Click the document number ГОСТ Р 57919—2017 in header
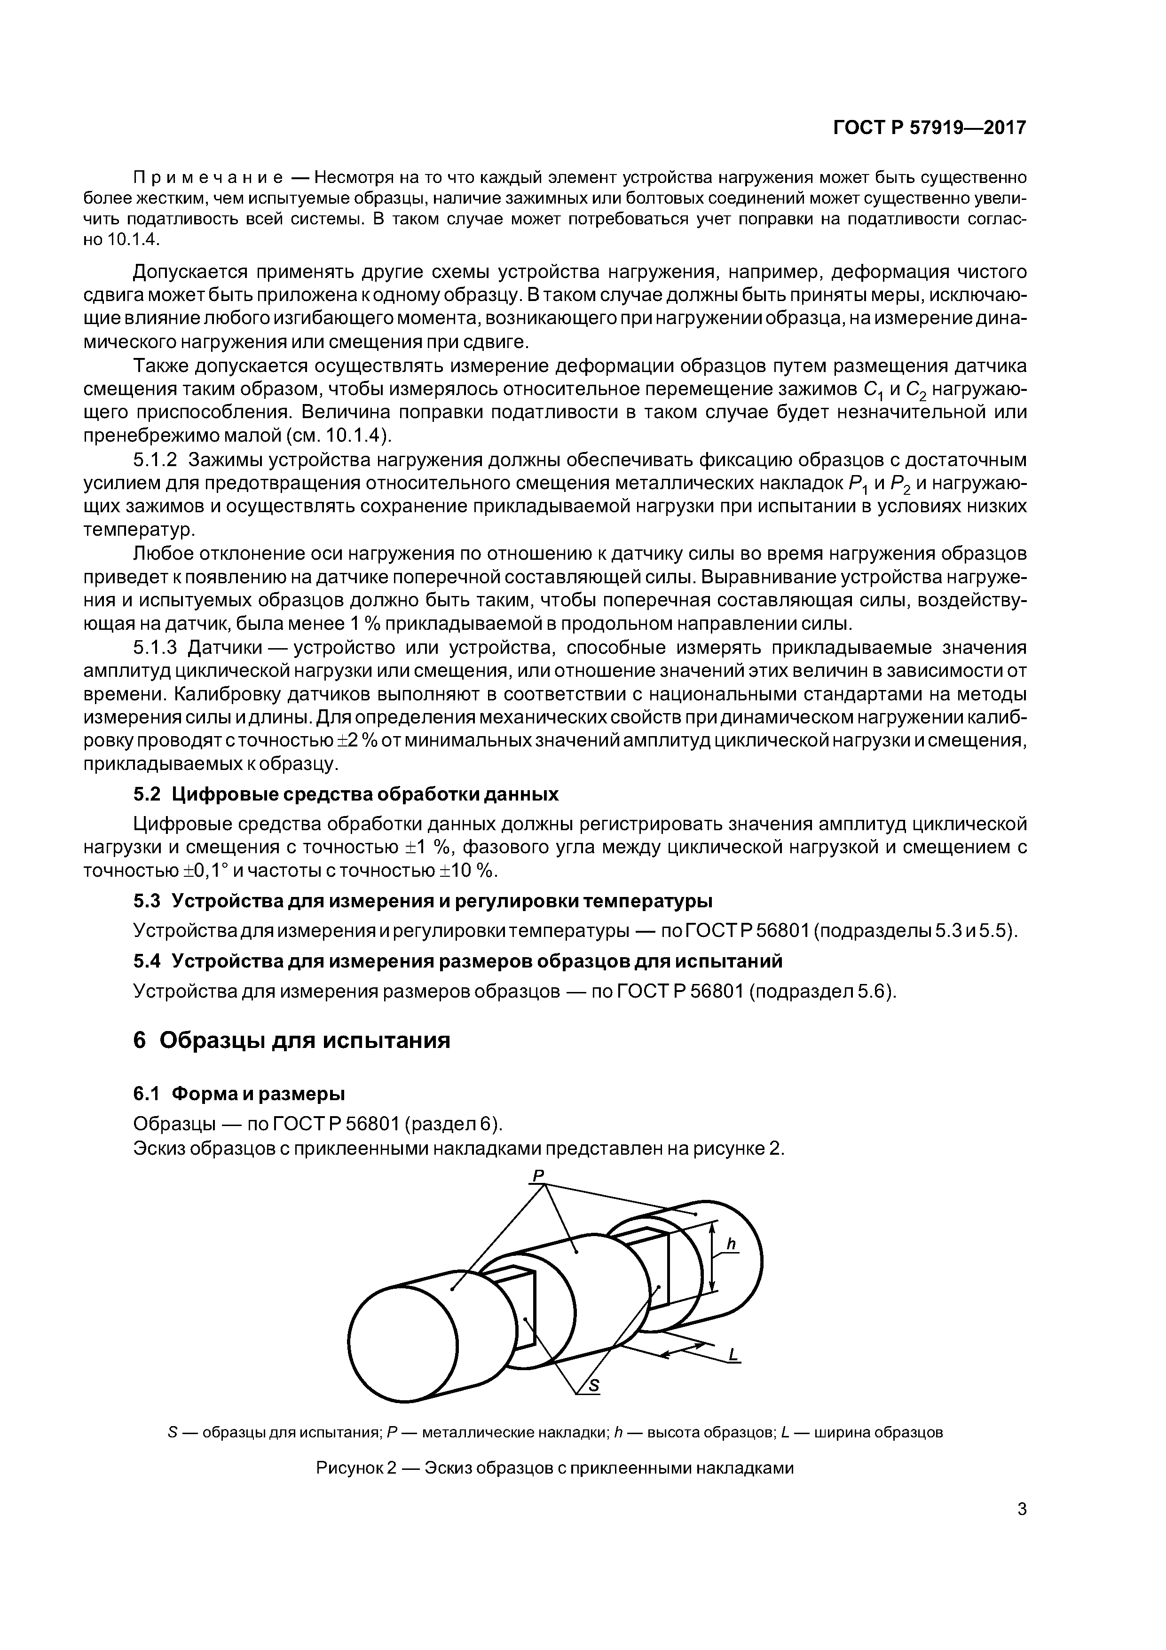point(929,128)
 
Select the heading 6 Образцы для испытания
point(291,1040)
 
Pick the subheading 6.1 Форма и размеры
point(239,1094)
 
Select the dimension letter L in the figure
point(733,1355)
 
